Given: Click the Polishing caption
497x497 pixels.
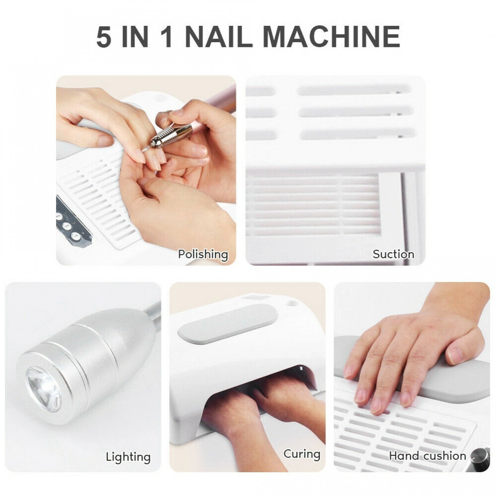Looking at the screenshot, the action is tap(203, 255).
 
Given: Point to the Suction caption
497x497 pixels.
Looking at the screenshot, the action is tap(393, 254).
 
